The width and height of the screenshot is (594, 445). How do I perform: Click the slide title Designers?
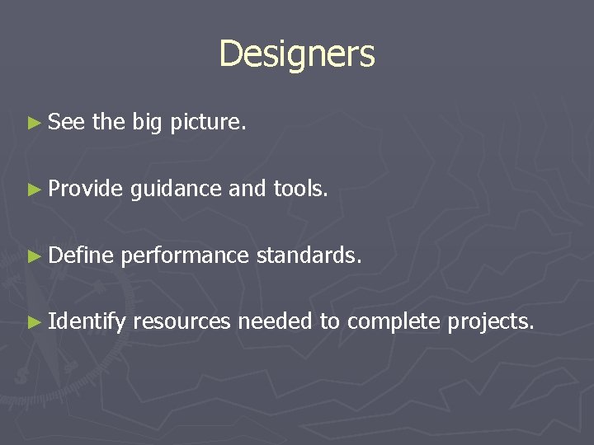click(297, 54)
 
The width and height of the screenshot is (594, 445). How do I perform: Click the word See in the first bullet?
click(67, 123)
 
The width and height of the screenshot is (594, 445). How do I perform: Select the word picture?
click(208, 124)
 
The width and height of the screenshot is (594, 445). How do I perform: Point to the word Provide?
click(85, 190)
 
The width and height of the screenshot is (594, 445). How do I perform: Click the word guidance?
click(176, 190)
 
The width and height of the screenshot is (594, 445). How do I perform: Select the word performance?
click(184, 256)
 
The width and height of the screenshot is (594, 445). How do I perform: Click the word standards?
click(309, 255)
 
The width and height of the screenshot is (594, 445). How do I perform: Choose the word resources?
click(181, 321)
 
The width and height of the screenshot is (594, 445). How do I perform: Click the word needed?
click(275, 321)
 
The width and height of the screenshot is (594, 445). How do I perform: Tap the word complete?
click(394, 322)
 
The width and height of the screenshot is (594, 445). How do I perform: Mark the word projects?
click(491, 322)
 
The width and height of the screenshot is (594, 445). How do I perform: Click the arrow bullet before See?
click(33, 124)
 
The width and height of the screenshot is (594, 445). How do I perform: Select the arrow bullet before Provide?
click(33, 190)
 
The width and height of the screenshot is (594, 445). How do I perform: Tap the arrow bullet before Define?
click(33, 255)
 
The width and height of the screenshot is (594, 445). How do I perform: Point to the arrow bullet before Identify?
click(33, 321)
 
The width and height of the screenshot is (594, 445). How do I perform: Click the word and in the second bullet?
click(247, 190)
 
